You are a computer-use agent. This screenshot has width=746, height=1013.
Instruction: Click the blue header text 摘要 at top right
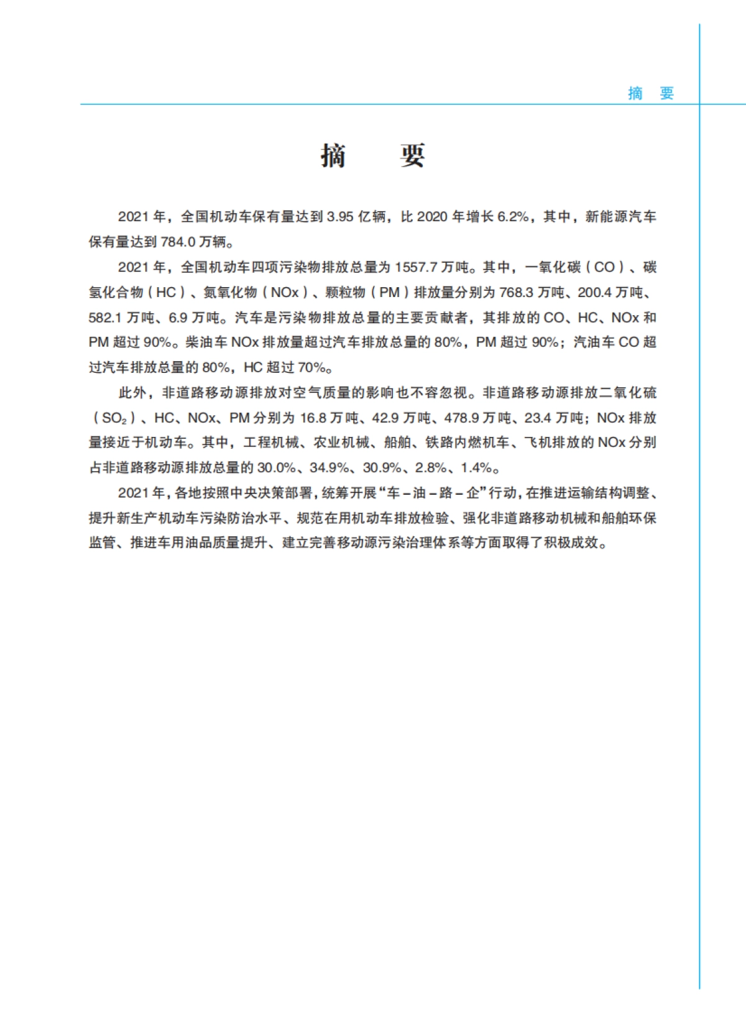click(651, 93)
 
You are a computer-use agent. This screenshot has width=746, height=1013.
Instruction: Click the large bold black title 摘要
click(373, 155)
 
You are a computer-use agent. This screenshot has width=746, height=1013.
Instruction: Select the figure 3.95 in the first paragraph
click(340, 217)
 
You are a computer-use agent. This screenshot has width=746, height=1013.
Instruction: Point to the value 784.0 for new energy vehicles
click(178, 242)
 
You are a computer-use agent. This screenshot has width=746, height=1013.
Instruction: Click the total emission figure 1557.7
click(416, 267)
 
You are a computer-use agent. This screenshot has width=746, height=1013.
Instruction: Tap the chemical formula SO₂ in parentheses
click(114, 418)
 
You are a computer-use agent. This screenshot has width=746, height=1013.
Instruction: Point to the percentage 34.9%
click(329, 468)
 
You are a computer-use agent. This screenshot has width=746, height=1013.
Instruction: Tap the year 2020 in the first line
click(432, 217)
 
